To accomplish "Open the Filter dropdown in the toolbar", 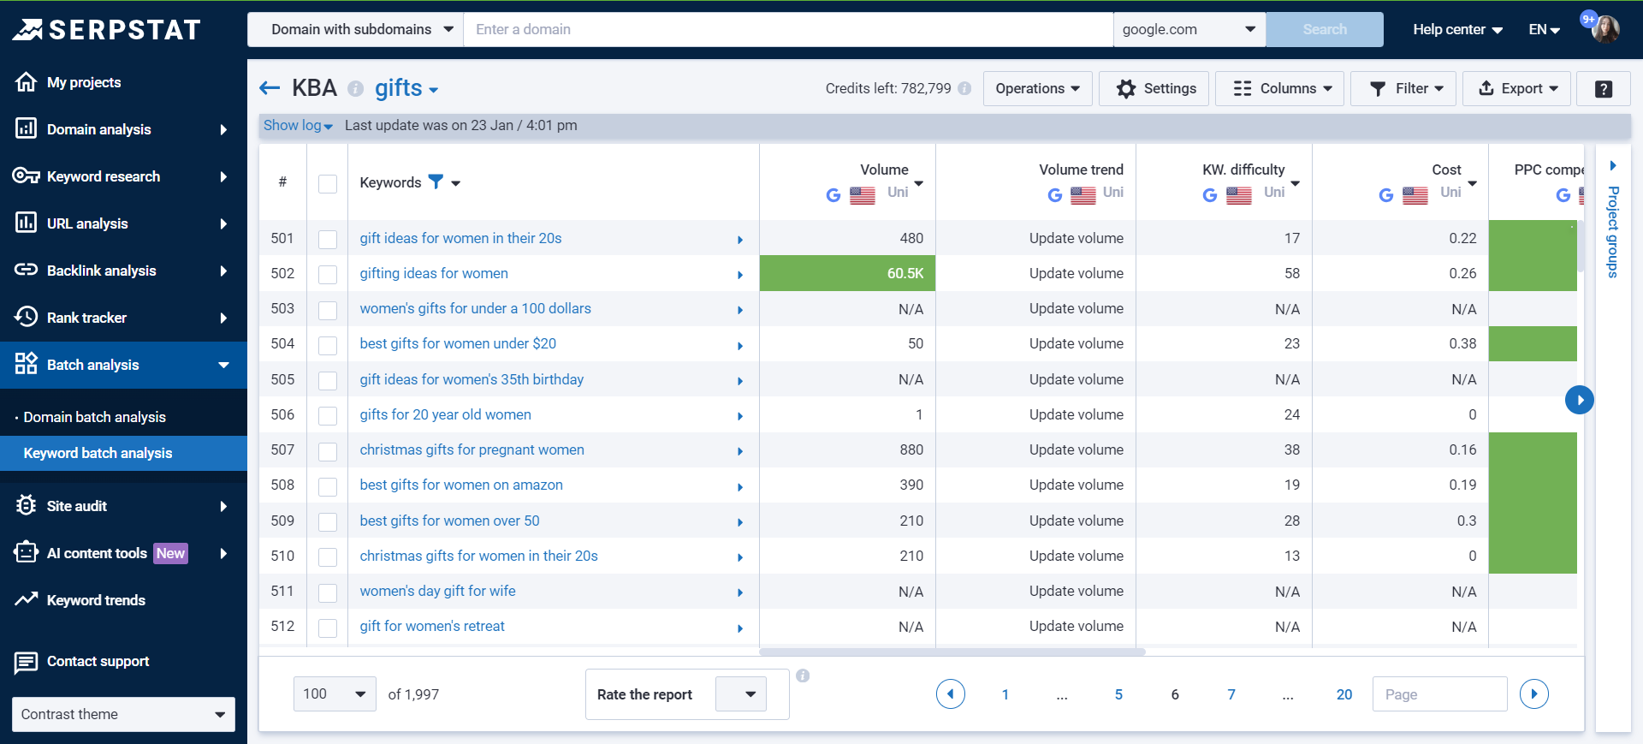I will coord(1403,88).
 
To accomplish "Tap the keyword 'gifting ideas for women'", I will coord(434,273).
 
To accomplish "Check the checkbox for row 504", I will coord(328,345).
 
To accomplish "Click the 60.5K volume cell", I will coord(847,273).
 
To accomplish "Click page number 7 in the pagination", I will coord(1231,694).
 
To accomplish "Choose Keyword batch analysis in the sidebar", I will coord(98,453).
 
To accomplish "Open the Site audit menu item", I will coord(77,506).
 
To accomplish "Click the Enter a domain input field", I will coord(787,29).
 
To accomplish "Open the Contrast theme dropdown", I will coord(123,714).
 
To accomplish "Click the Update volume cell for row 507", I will coord(1076,449).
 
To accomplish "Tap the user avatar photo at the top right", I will coord(1605,29).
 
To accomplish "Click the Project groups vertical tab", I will coord(1612,231).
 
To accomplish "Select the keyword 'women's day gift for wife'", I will coord(437,591).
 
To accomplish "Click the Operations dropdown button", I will coord(1037,88).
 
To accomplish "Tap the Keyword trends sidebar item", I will coord(96,600).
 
